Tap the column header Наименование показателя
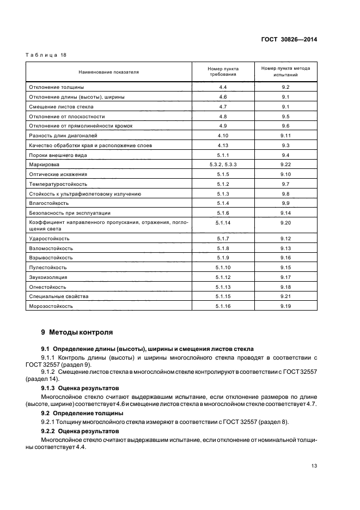[109, 71]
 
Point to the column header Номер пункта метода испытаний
[285, 71]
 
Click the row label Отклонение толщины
[55, 87]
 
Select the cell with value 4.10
[222, 135]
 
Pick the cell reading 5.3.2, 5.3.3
[222, 164]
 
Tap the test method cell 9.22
[285, 164]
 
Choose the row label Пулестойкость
[47, 268]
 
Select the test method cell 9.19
[285, 306]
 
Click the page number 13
[314, 465]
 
